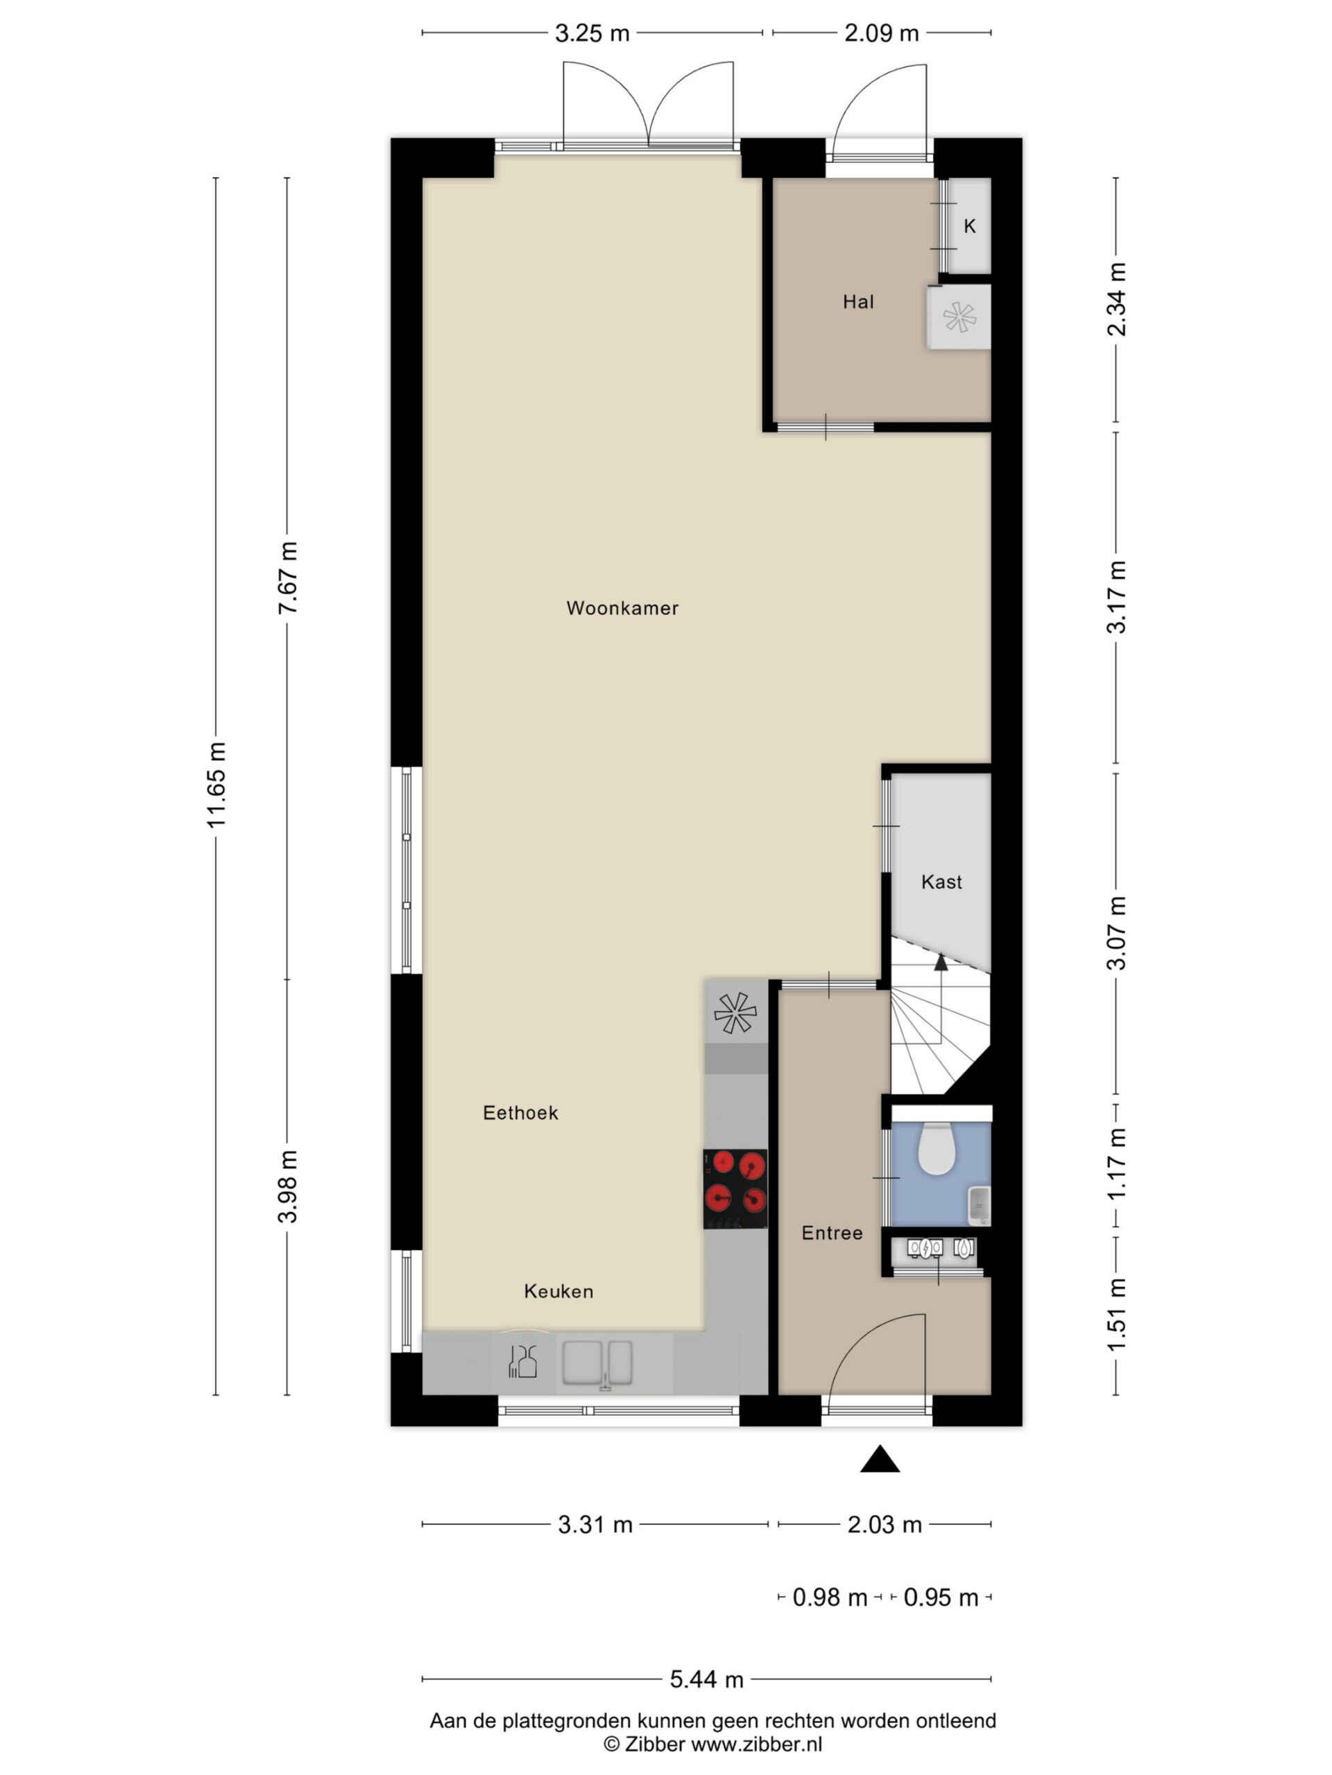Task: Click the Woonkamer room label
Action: coord(622,608)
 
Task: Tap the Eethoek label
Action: coord(520,1112)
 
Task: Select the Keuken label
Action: coord(558,1291)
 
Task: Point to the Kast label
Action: coord(941,882)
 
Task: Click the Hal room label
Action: coord(858,302)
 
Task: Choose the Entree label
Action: coord(832,1233)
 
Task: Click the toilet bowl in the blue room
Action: coord(936,1148)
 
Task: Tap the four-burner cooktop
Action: coord(735,1188)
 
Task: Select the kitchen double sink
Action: coord(597,1362)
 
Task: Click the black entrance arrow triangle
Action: coord(879,1459)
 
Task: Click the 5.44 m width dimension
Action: coord(706,1679)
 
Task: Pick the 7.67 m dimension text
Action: coord(287,578)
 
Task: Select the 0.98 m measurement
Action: coord(830,1597)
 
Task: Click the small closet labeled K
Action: coord(969,225)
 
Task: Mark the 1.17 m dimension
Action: coord(1116,1163)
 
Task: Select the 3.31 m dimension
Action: coord(595,1525)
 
